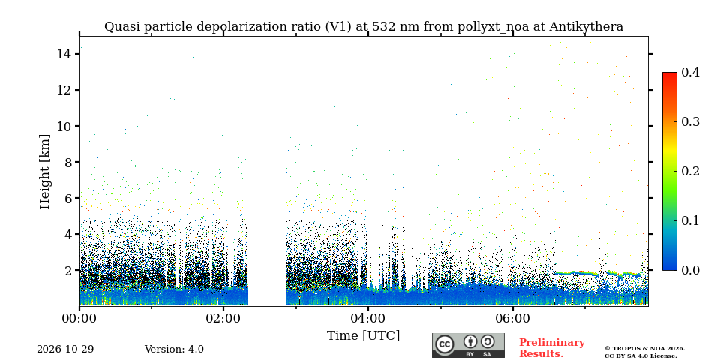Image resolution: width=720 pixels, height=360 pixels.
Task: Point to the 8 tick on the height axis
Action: tap(77, 162)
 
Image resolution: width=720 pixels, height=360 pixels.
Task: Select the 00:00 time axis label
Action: tap(80, 318)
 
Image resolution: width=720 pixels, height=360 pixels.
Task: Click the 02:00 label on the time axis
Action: tap(223, 318)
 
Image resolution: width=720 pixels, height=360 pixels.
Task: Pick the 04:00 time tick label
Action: tap(367, 318)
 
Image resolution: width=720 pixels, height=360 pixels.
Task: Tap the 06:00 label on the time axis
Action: tap(512, 318)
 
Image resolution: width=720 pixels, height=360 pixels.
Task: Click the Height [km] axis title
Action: tap(44, 172)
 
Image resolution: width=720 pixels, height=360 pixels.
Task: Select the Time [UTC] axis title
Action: tap(363, 336)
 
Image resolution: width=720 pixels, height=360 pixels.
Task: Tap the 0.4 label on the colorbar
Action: tap(690, 72)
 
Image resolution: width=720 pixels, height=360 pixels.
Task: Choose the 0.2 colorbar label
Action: tap(690, 171)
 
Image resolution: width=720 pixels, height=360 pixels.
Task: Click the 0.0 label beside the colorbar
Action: tap(690, 270)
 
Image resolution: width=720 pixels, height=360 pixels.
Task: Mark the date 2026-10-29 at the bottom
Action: tap(65, 349)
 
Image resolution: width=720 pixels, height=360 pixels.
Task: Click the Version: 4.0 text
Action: tap(174, 349)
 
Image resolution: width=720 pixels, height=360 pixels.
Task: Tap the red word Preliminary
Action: tap(552, 343)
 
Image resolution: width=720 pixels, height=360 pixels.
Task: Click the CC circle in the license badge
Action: tap(444, 344)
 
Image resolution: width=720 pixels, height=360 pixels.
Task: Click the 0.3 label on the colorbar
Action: tap(690, 121)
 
